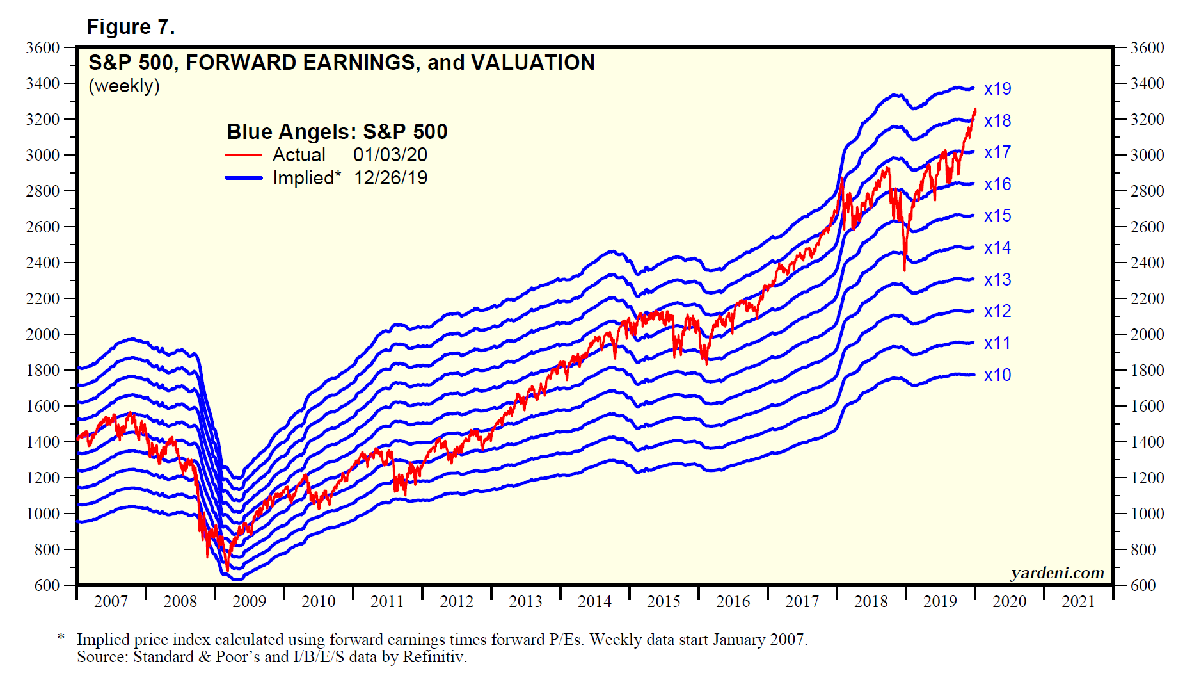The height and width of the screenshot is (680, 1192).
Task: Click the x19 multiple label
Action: coord(997,89)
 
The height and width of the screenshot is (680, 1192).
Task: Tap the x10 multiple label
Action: coord(997,375)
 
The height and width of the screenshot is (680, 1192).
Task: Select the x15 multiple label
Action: coord(997,216)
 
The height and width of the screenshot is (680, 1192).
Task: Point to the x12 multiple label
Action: coord(997,311)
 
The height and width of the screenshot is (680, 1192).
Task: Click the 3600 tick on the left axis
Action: coord(42,47)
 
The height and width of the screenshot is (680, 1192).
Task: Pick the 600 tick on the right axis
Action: coord(1143,585)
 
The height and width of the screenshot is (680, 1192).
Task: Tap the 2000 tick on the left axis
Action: coord(42,334)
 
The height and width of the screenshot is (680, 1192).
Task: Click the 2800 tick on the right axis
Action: coord(1147,191)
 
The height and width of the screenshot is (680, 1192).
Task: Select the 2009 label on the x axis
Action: coord(249,602)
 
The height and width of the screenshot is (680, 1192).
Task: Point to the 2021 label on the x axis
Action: coord(1078,602)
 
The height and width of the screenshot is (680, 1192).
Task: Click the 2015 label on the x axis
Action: coord(664,602)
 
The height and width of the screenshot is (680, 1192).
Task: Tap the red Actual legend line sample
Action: coord(244,155)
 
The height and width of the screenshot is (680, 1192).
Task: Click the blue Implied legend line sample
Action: coord(244,178)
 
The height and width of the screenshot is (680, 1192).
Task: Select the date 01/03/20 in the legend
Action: coord(390,155)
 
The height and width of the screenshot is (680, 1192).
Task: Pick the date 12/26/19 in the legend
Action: coord(390,178)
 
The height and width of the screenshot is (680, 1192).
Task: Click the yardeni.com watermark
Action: coord(1057,573)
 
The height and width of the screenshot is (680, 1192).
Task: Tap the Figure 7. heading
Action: coord(131,27)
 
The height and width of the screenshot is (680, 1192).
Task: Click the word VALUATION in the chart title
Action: coord(532,63)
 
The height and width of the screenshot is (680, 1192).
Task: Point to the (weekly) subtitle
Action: coord(124,86)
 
